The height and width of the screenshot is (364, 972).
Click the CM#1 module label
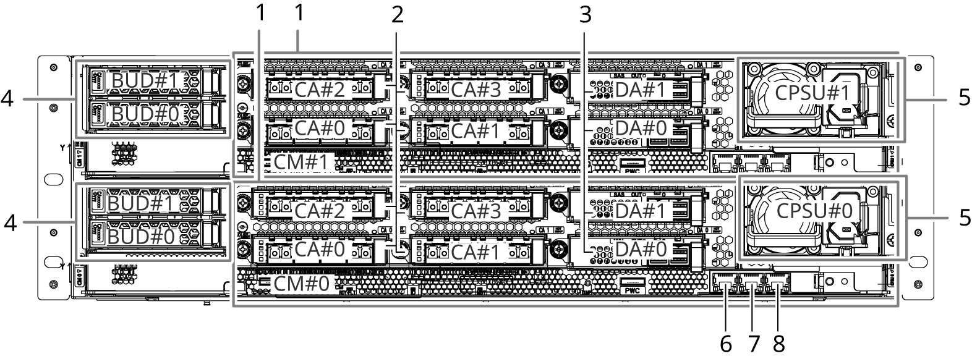303,163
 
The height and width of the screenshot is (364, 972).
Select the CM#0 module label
303,284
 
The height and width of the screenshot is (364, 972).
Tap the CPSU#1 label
813,93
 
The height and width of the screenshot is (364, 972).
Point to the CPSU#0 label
814,211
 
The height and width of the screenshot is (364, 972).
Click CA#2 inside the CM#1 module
320,90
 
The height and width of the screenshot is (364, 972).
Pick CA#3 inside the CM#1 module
475,90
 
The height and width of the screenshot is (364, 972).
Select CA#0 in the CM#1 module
320,129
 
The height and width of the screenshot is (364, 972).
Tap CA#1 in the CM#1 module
475,131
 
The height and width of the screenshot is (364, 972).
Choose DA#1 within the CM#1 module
641,90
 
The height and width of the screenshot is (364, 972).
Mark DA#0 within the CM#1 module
641,129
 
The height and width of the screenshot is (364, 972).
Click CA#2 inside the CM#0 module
320,211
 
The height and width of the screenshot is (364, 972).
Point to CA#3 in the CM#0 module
475,211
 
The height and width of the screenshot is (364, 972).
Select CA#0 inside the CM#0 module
320,250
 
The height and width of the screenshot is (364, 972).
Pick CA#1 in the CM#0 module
475,252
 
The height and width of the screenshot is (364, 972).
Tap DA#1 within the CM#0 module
641,211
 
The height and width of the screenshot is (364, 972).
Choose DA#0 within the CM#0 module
641,250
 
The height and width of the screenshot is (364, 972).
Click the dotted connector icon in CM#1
487,163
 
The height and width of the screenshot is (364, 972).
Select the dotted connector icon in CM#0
487,284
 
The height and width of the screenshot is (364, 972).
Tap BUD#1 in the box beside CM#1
145,81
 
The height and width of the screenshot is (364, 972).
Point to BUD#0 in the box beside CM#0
142,237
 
